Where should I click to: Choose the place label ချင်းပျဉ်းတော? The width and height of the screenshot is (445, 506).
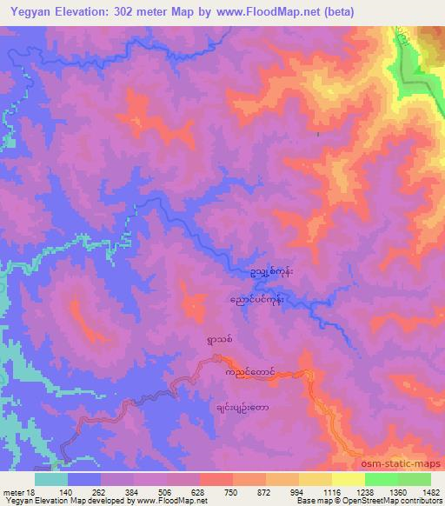click(242, 405)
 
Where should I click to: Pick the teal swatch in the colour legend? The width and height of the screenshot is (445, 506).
click(50, 479)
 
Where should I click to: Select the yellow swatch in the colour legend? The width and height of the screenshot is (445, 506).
click(348, 479)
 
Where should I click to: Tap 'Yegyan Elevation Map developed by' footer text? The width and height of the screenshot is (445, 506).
click(52, 502)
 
